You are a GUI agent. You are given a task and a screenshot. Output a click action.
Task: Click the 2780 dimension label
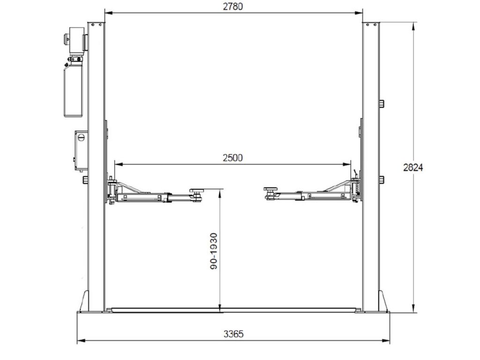[x=232, y=7]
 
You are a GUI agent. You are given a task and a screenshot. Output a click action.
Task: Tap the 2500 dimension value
[x=232, y=158]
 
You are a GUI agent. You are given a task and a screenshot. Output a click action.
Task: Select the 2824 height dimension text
[x=413, y=167]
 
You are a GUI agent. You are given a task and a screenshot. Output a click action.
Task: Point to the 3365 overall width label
[x=233, y=334]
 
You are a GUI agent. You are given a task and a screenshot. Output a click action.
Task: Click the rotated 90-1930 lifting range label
[x=214, y=251]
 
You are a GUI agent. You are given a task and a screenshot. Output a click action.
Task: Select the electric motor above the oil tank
[x=75, y=40]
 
